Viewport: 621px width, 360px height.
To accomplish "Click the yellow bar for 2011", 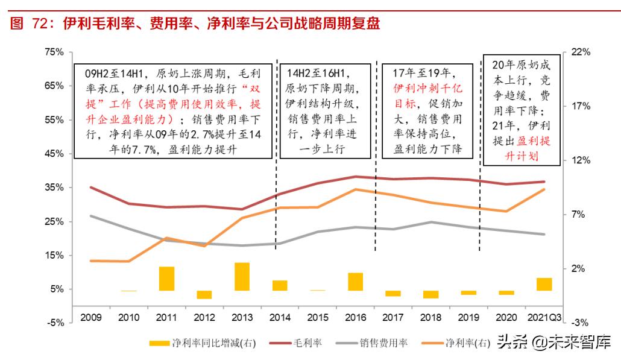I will point(166,279).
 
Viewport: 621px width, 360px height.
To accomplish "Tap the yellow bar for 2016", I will point(356,282).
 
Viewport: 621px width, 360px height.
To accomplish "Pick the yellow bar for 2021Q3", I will point(544,284).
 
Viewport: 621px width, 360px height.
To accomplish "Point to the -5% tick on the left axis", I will point(55,323).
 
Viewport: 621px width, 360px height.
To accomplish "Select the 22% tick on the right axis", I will point(581,52).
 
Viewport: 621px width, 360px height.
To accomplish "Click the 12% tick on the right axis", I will point(581,160).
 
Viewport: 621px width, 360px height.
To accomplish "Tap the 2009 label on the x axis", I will point(91,317).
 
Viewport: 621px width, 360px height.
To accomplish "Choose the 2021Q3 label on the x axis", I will point(544,317).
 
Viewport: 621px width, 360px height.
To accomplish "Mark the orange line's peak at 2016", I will point(356,189).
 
